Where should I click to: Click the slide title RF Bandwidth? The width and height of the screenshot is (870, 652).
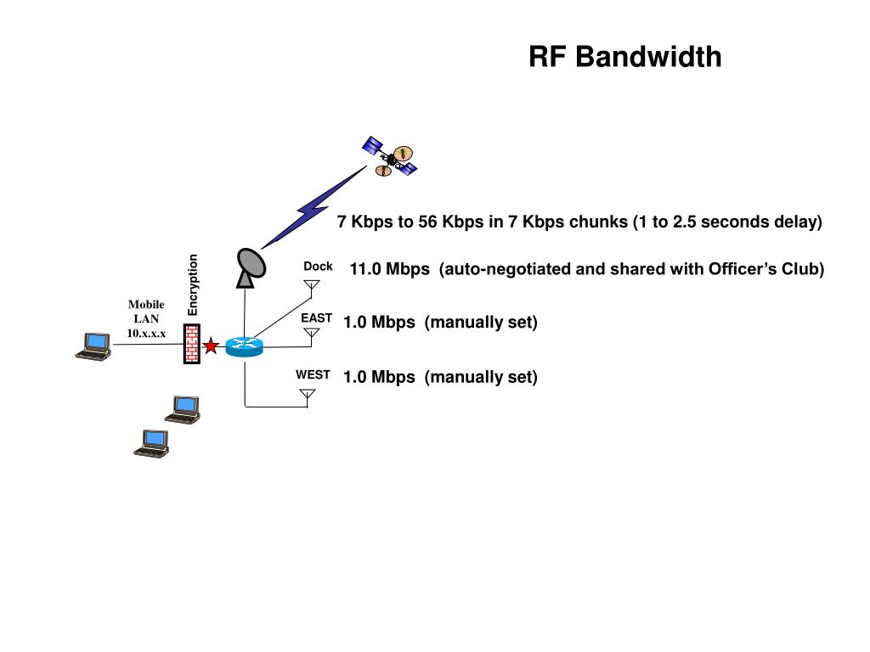tap(624, 57)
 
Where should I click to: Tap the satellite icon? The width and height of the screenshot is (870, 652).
tap(389, 156)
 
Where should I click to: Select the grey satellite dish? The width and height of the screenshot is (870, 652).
tap(251, 267)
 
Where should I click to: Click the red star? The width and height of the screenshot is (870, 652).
tap(211, 346)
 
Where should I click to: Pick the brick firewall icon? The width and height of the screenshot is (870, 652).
tap(191, 345)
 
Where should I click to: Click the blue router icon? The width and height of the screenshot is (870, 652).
tap(244, 346)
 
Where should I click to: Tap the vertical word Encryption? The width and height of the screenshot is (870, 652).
tap(193, 285)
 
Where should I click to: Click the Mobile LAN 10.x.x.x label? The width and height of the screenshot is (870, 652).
tap(146, 319)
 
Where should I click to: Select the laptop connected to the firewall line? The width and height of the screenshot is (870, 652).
tap(93, 346)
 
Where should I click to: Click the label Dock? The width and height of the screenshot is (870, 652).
tap(318, 266)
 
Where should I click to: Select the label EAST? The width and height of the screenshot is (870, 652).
tap(316, 318)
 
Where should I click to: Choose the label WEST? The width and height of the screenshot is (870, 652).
tap(313, 374)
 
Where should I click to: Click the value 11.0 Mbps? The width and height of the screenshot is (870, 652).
tap(389, 269)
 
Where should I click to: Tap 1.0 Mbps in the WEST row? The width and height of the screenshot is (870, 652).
tap(379, 377)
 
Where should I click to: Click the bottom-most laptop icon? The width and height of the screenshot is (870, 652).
tap(151, 443)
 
